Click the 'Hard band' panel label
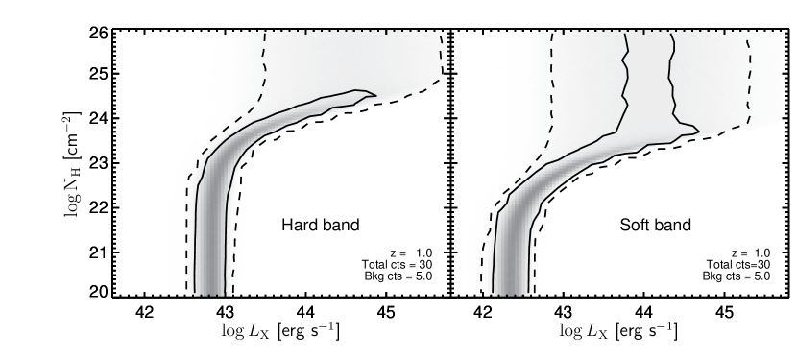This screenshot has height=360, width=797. coord(320,227)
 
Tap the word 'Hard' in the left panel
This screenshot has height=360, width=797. coord(299,227)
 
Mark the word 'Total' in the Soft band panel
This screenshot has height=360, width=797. coord(718,264)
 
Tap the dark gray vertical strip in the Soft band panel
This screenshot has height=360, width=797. coord(512,259)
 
